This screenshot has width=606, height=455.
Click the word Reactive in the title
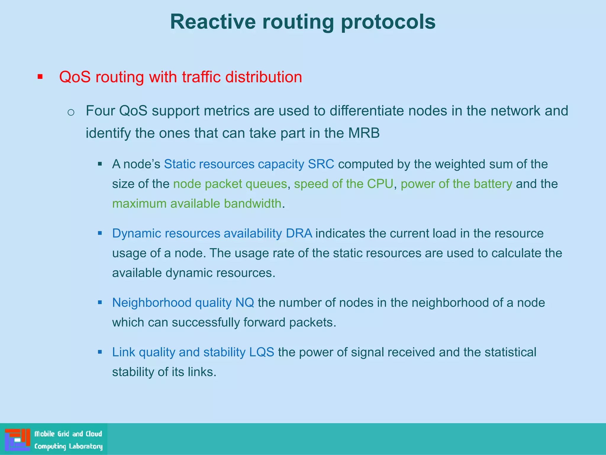click(213, 22)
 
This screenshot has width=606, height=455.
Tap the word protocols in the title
click(388, 22)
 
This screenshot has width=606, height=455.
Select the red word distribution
click(263, 77)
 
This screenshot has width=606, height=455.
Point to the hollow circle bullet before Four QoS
click(71, 112)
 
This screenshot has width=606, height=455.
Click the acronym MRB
click(364, 133)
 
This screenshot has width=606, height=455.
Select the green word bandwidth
click(252, 204)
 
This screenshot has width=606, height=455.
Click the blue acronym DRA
click(299, 233)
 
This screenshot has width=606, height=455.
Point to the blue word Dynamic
click(136, 233)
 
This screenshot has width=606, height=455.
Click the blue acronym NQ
click(244, 303)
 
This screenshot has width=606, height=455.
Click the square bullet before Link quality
click(100, 352)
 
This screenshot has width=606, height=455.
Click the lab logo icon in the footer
click(17, 439)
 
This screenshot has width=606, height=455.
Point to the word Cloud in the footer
click(94, 434)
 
